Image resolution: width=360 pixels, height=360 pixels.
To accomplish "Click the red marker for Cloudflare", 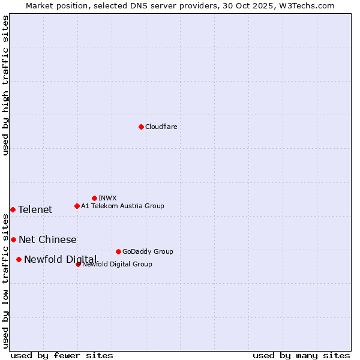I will (141, 127).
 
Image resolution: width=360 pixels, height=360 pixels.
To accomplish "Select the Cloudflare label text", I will (161, 127).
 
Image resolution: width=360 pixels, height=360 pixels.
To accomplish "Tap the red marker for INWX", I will (94, 198).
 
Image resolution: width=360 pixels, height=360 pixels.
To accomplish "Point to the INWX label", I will (107, 198).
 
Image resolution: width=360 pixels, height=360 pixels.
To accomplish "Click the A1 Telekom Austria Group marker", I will (77, 206).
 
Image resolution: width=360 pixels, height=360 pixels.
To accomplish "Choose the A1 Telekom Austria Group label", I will (122, 206).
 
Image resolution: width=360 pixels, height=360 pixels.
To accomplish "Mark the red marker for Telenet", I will (13, 209).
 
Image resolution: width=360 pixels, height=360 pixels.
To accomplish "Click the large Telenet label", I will (35, 209).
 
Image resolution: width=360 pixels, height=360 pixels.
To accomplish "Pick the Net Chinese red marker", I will (13, 239).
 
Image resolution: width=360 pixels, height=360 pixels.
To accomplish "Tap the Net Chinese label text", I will (47, 239).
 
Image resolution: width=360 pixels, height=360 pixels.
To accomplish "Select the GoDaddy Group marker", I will (118, 251).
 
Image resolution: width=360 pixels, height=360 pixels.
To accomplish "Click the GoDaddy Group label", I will (147, 251).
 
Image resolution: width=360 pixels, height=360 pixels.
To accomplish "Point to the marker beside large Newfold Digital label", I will (19, 259).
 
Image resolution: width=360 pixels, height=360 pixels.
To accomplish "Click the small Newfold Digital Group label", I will (117, 264).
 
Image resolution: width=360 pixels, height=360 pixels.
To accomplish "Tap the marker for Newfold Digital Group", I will (78, 264).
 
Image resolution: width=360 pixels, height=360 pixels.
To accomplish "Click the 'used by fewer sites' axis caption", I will (62, 355).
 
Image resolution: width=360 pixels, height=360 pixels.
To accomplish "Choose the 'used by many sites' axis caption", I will (301, 355).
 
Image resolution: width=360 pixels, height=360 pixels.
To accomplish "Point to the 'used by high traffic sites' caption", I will (5, 85).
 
